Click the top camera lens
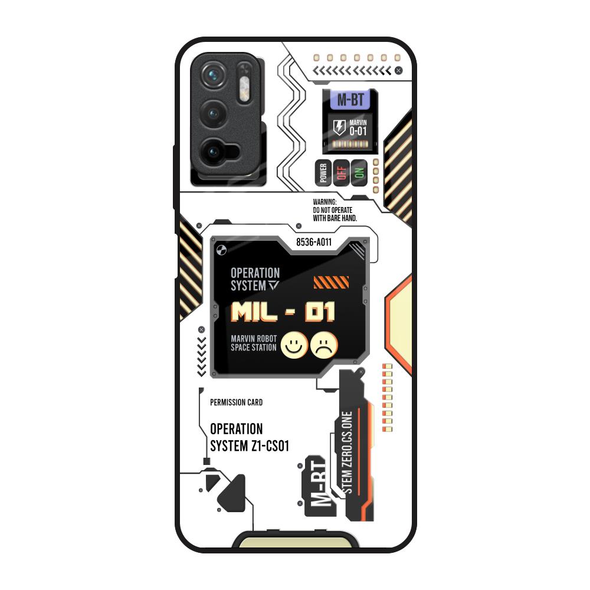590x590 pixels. (x=212, y=76)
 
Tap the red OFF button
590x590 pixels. (x=340, y=172)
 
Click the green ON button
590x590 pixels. (x=359, y=172)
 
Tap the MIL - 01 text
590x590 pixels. (x=283, y=312)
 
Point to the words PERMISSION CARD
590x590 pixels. (x=236, y=402)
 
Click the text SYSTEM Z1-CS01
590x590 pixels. (x=249, y=445)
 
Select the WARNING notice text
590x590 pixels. (x=335, y=210)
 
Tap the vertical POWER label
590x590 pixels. (x=323, y=173)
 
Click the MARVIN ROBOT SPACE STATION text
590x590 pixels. (x=254, y=343)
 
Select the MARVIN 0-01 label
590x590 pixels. (x=358, y=126)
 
